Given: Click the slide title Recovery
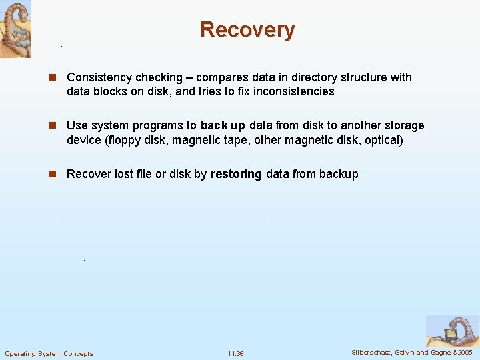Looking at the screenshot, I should (x=247, y=30).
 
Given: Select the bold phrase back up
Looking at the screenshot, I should (x=223, y=125).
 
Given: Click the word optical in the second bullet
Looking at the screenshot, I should (x=383, y=139).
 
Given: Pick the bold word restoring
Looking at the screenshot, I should (x=236, y=174).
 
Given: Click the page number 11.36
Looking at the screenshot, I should (x=235, y=353).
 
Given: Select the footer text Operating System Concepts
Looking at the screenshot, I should (x=49, y=353).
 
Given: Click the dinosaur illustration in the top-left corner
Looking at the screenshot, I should (x=15, y=29).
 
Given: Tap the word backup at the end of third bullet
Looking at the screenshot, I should (x=339, y=174).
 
